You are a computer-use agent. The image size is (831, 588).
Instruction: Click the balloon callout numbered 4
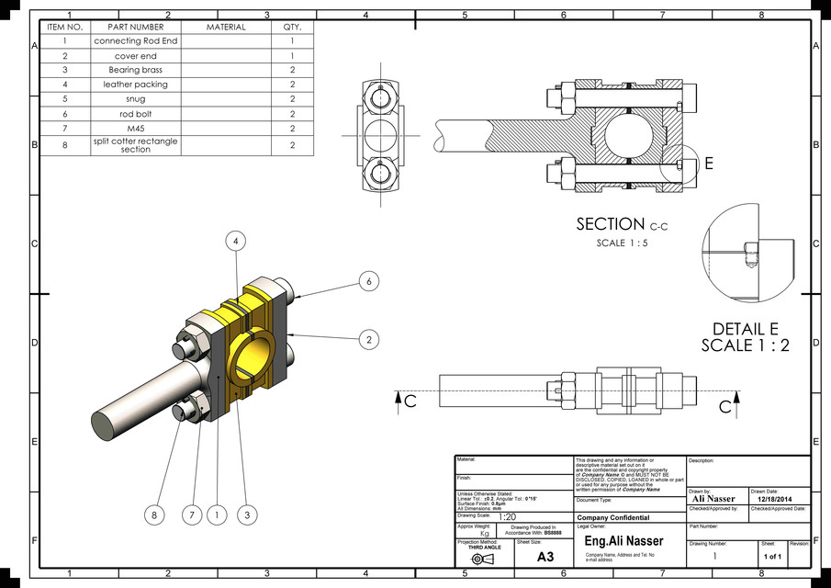coord(237,241)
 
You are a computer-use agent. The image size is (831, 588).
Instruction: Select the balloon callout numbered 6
coord(369,281)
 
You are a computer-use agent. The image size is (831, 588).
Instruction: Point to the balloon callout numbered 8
coord(154,515)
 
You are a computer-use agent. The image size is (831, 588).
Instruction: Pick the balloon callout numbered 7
coord(191,515)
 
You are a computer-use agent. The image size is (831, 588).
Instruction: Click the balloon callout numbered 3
coord(247,515)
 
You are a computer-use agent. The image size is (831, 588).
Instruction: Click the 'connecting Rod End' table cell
coord(136,41)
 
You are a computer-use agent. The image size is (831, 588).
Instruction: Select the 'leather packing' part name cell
coord(136,84)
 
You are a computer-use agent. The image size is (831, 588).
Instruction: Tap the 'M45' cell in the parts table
coord(136,128)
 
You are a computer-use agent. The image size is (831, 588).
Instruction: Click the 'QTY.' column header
coord(292,28)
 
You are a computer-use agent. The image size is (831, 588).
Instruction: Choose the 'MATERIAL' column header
coord(226,28)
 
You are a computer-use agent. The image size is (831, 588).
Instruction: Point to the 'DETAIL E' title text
coord(745,329)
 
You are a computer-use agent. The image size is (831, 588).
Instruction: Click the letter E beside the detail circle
coord(708,164)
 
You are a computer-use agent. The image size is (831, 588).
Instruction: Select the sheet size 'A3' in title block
coord(545,557)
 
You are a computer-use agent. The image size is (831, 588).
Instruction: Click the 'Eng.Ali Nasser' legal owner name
coord(623,541)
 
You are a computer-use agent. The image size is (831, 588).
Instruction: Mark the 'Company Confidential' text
coord(612,518)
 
